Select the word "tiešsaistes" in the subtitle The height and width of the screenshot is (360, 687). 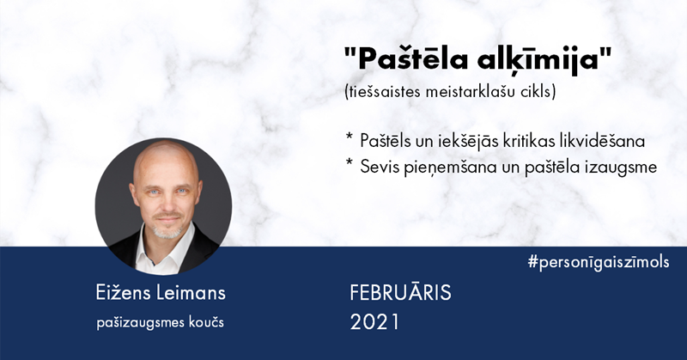click(x=382, y=92)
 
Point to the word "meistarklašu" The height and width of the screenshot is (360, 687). click(x=466, y=92)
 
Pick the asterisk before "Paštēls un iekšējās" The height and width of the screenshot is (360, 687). click(x=350, y=137)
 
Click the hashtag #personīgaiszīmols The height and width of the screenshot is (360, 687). click(x=599, y=262)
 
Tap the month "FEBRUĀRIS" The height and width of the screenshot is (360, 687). click(x=400, y=292)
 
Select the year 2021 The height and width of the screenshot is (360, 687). click(x=375, y=322)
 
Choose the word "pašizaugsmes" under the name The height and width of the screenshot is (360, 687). click(x=140, y=323)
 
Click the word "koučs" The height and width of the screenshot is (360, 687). click(x=206, y=322)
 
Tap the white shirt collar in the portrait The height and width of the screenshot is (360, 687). click(x=163, y=251)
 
